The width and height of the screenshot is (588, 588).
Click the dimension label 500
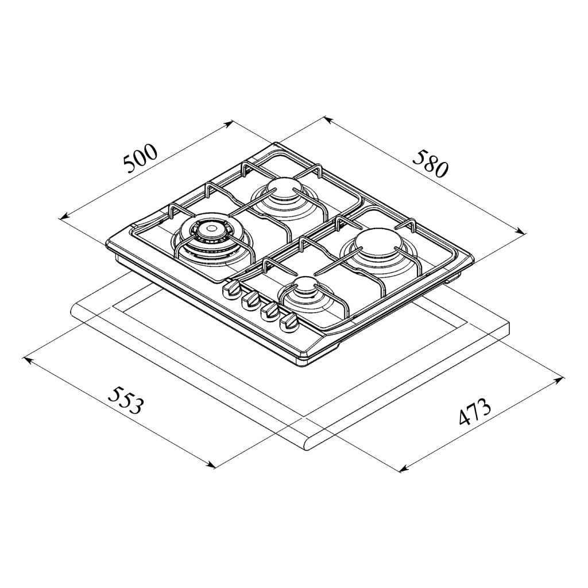point(140,158)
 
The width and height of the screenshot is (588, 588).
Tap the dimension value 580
point(431,164)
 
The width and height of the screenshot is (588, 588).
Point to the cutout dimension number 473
point(475,411)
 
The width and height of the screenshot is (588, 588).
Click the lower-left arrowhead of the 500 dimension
point(64,216)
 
